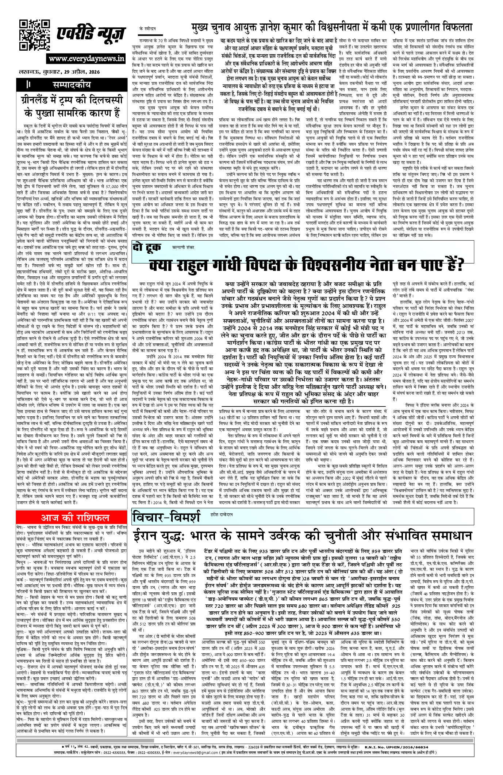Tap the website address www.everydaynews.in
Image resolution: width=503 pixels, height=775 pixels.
(86, 59)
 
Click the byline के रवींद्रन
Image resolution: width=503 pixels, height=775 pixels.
(147, 28)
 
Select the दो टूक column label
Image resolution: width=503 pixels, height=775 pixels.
(147, 248)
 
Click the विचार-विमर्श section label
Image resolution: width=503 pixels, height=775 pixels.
(166, 517)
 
